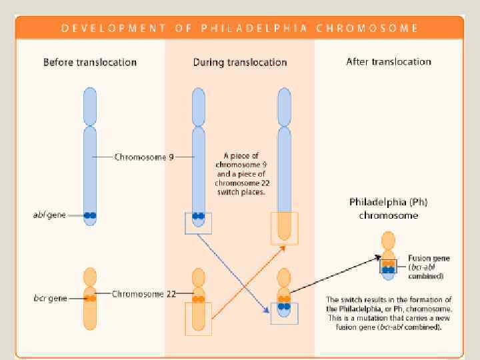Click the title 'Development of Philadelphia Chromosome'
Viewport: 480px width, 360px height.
(x=240, y=29)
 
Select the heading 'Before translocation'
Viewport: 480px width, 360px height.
(x=90, y=62)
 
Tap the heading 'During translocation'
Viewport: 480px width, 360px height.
(x=240, y=62)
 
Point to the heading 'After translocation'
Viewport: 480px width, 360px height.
(x=389, y=61)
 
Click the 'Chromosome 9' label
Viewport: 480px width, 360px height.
(x=143, y=157)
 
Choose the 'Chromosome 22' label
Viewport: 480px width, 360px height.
(x=143, y=293)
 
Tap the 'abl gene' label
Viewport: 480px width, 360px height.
(x=50, y=215)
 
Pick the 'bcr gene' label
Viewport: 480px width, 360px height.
(x=50, y=298)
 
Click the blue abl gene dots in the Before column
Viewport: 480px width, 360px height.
(x=90, y=215)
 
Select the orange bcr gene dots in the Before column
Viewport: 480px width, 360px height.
(x=90, y=298)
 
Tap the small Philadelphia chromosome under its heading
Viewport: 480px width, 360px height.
(x=388, y=253)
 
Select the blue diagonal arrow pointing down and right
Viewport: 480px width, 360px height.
(x=233, y=267)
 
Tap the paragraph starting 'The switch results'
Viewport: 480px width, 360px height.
(x=389, y=313)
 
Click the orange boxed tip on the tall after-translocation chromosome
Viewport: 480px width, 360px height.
(x=284, y=228)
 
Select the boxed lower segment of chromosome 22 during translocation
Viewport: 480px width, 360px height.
(x=198, y=319)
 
